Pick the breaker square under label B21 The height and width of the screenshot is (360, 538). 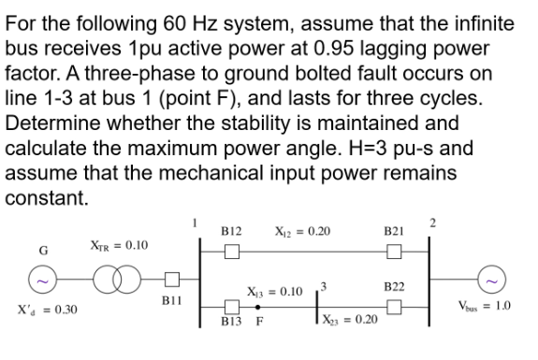click(394, 252)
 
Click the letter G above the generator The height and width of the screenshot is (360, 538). click(40, 252)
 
